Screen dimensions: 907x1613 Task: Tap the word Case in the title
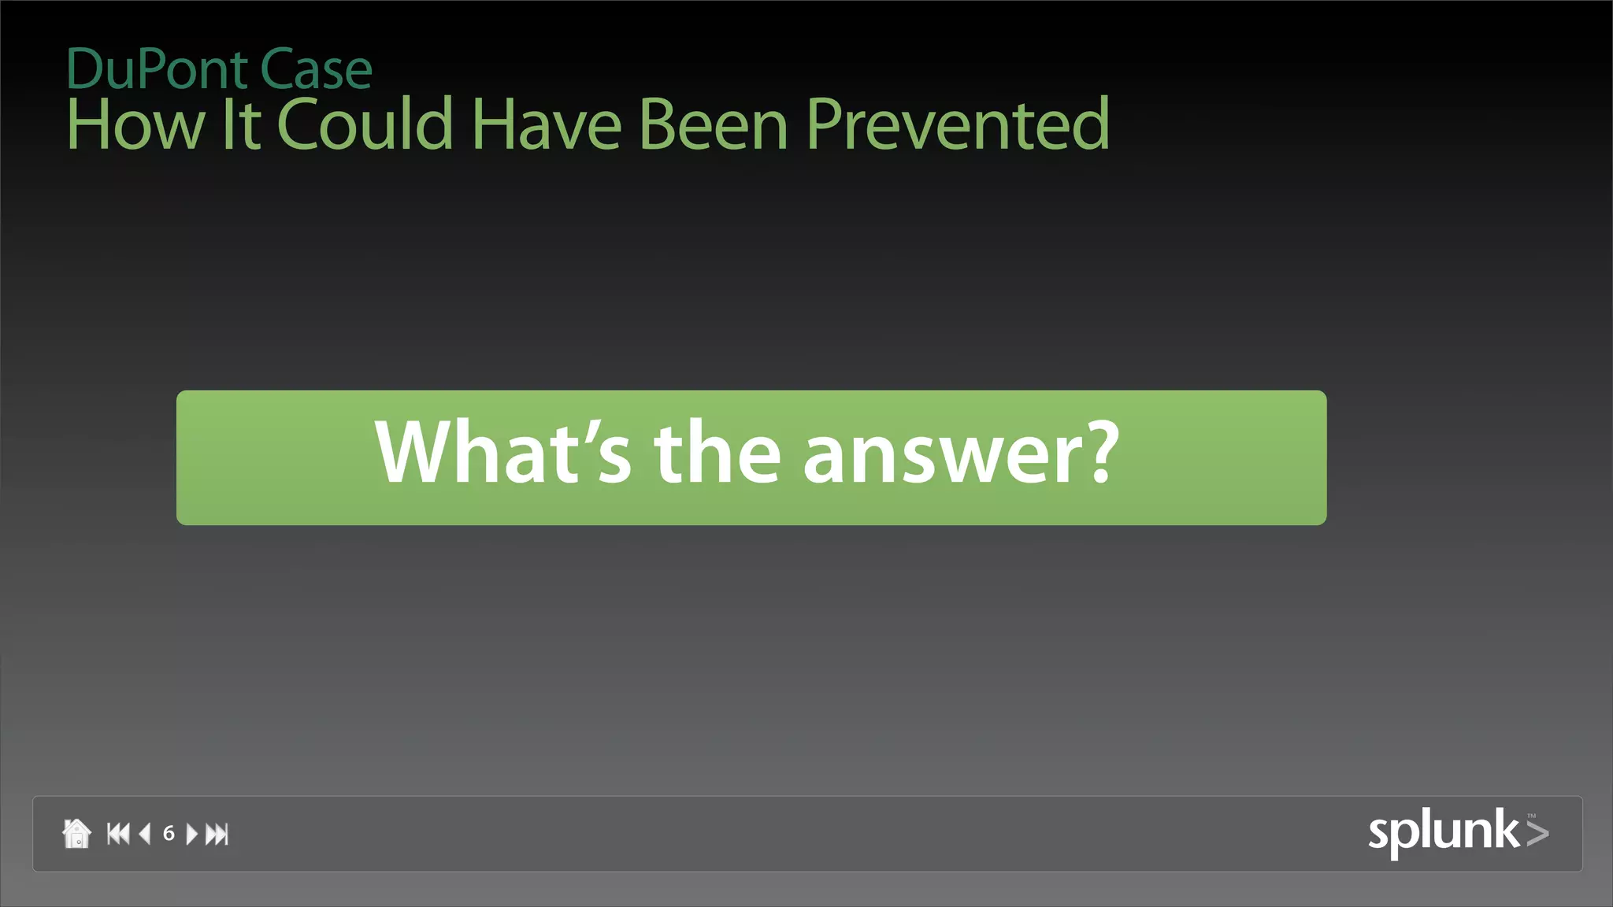click(x=315, y=70)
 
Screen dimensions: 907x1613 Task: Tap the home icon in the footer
click(x=76, y=833)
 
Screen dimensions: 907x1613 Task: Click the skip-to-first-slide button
click(x=118, y=834)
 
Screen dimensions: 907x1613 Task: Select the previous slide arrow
click(x=145, y=834)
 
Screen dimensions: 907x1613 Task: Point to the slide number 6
click(x=169, y=834)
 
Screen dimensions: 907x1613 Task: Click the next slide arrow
click(x=191, y=834)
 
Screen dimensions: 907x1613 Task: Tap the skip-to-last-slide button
click(x=217, y=834)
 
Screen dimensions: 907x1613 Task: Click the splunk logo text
click(x=1443, y=831)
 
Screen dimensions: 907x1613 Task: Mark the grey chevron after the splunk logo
click(x=1537, y=833)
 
